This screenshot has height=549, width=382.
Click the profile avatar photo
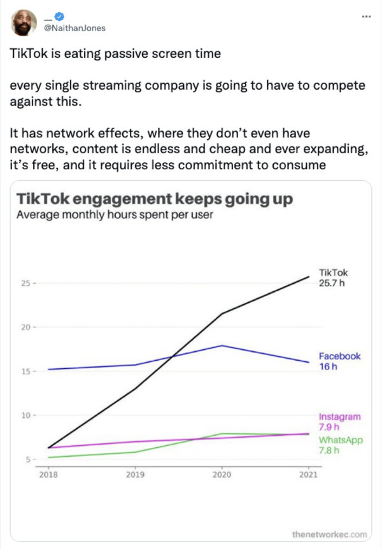click(x=24, y=24)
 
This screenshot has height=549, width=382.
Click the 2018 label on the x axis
click(x=48, y=475)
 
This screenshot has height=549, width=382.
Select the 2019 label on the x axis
click(x=135, y=475)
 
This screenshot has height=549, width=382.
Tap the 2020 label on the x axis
click(x=222, y=475)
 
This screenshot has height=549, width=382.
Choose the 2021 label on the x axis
click(x=309, y=475)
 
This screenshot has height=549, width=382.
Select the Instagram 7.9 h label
click(x=339, y=422)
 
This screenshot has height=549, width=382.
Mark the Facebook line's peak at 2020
click(x=222, y=345)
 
